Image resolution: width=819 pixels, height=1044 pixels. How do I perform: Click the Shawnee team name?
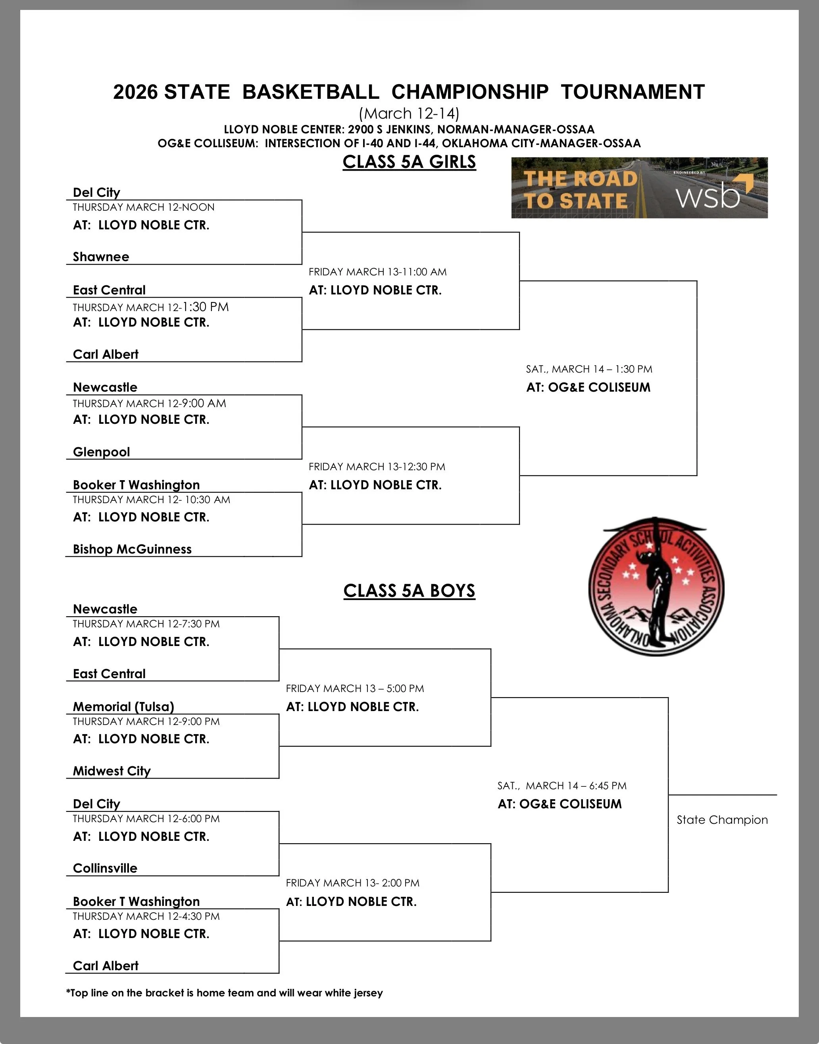[x=101, y=257]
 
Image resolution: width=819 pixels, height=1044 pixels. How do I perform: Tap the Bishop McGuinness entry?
[x=132, y=549]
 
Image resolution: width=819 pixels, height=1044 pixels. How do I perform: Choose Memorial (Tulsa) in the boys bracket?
[x=123, y=706]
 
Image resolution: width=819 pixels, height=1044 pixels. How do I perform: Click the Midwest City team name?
[x=112, y=771]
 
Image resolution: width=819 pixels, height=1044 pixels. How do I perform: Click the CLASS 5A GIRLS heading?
[x=409, y=162]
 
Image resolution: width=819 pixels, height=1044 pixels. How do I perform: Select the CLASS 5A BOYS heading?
[x=409, y=591]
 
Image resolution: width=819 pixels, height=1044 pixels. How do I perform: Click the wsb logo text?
[x=708, y=196]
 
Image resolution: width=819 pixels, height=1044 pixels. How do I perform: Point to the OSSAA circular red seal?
[x=656, y=587]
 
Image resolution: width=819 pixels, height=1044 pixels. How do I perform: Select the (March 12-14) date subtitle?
[x=409, y=113]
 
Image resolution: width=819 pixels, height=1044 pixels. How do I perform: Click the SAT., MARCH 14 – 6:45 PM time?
[x=561, y=786]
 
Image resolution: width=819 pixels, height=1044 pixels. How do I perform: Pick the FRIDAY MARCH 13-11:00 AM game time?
[x=377, y=272]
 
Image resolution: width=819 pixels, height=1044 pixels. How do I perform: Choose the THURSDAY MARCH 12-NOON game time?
[x=143, y=207]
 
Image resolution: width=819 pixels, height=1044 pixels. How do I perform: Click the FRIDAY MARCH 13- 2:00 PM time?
[x=352, y=883]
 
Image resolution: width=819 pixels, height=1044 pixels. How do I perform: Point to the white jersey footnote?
[x=225, y=993]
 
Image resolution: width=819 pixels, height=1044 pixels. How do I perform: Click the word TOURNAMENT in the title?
[x=633, y=92]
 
